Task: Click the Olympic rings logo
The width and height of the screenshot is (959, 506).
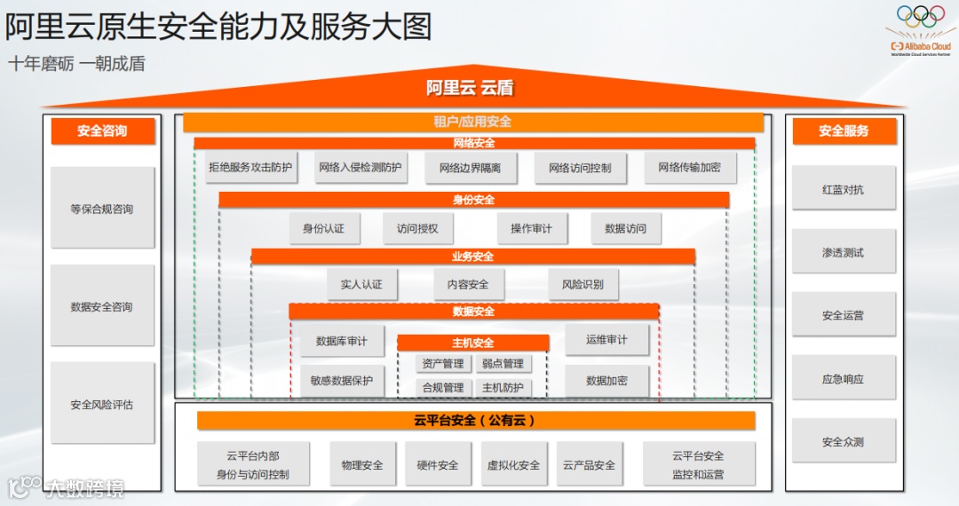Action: coord(920,17)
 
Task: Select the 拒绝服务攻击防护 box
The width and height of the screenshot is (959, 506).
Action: coord(250,167)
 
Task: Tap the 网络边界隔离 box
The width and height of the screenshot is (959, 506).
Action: coord(470,168)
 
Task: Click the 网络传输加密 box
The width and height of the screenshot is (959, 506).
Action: coord(689,167)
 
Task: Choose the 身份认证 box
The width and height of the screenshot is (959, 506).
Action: coord(323,228)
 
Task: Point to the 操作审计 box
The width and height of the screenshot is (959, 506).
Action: coord(531,228)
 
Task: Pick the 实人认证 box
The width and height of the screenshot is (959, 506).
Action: coord(361,284)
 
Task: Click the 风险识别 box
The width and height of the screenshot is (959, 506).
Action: coord(583,284)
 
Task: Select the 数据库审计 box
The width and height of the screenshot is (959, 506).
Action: coord(341,341)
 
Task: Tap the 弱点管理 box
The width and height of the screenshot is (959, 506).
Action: coord(503,364)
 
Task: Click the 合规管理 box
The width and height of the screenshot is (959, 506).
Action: coord(443,388)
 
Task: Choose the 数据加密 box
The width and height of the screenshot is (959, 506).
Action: coord(606,381)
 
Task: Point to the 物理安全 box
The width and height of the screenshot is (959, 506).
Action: coord(362,465)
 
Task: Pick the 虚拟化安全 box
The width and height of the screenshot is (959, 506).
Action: coord(513,465)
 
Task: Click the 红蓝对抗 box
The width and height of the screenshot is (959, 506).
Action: coord(843,190)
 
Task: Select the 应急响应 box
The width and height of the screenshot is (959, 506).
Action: coord(843,379)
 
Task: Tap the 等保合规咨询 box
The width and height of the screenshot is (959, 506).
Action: coord(102,210)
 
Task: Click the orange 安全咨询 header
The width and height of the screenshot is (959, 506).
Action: coord(102,131)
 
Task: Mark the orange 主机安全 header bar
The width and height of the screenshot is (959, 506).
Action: coord(472,343)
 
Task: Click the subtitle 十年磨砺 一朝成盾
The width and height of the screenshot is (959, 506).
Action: coord(76,64)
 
